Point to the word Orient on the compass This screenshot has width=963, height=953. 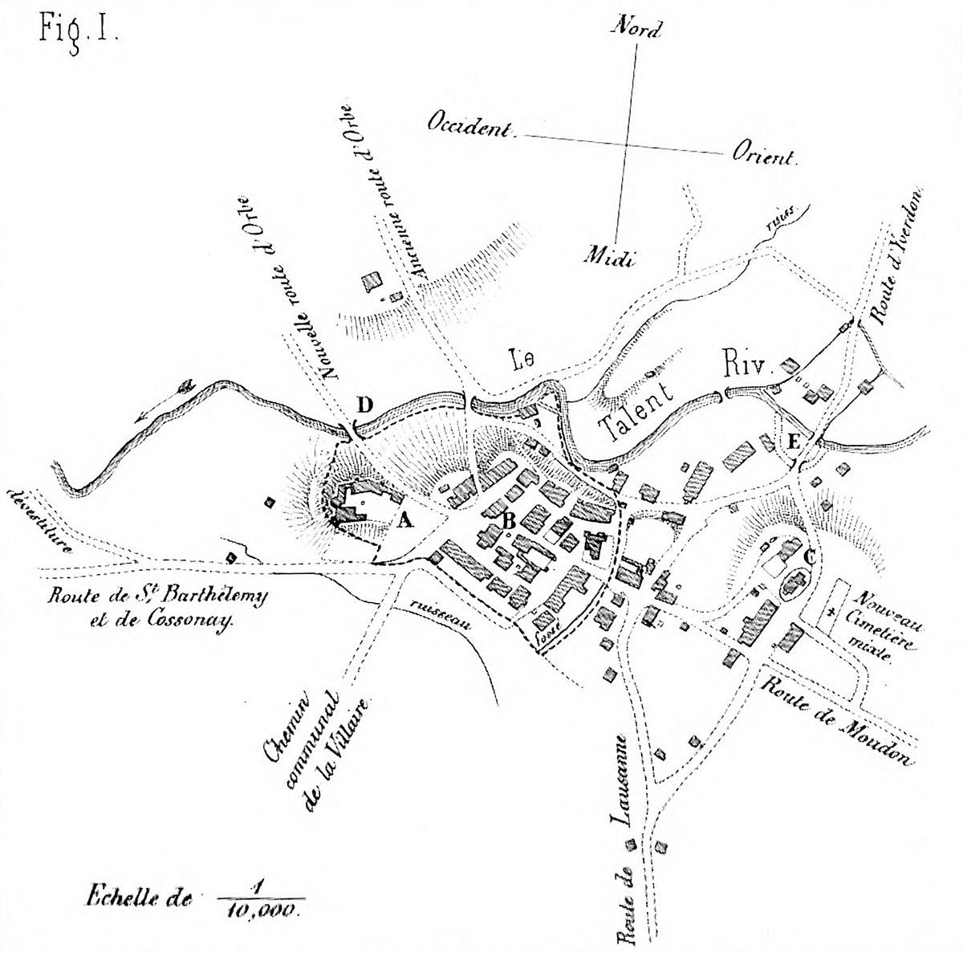point(762,155)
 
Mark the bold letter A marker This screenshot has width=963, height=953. point(406,521)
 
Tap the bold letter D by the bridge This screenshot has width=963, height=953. point(365,405)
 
